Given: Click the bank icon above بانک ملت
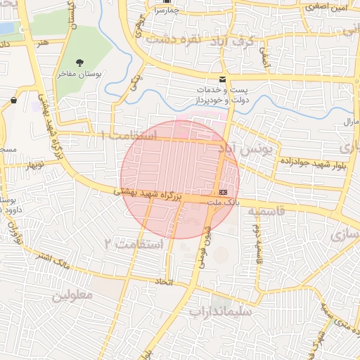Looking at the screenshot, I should [x=224, y=191].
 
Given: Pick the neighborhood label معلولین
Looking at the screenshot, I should [x=72, y=295].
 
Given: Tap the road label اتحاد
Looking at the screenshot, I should [x=164, y=281].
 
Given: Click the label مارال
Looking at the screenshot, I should [x=351, y=122].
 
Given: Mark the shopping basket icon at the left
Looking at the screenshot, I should [x=14, y=101].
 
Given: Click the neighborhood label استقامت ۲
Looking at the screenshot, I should [x=133, y=243].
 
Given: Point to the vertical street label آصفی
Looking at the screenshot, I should [x=265, y=57].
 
